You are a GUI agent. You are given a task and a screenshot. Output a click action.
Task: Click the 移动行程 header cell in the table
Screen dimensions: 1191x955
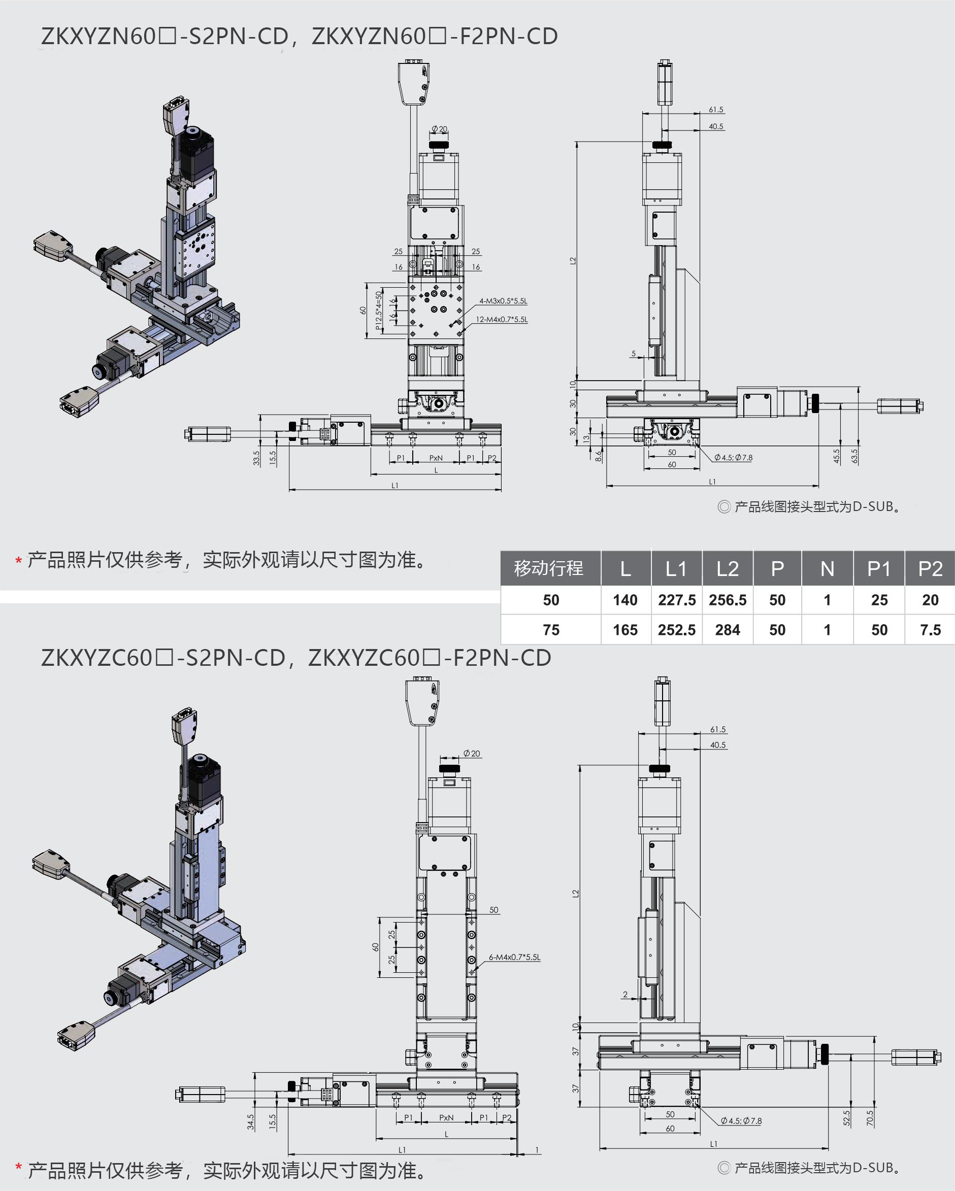tap(549, 568)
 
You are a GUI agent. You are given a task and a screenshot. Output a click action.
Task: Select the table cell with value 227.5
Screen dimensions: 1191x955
tap(676, 600)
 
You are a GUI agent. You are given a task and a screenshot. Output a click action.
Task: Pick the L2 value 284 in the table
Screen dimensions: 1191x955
tap(728, 630)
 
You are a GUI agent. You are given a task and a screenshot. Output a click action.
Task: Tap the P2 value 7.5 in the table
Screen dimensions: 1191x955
tap(930, 630)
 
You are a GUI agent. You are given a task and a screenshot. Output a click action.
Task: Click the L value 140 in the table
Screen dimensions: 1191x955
tap(625, 600)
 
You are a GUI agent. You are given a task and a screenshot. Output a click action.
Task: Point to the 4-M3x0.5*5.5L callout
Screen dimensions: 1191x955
tap(503, 301)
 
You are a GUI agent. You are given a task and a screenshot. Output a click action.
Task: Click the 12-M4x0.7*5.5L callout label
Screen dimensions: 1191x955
tap(502, 319)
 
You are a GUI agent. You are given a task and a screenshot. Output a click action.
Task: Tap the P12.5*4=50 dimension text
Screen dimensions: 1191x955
tap(379, 311)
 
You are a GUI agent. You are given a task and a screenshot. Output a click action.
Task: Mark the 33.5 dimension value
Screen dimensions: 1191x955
tap(256, 458)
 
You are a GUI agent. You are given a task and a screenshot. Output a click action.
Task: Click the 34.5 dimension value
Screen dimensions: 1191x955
tap(251, 1122)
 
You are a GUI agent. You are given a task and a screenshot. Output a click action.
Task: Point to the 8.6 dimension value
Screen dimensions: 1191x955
tap(599, 456)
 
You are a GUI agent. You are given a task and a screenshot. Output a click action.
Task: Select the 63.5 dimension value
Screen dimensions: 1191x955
tap(854, 456)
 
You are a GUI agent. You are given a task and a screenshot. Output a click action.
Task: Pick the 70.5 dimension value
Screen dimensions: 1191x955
tap(870, 1118)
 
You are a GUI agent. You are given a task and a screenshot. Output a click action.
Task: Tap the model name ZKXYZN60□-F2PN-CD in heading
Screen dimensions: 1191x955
tap(435, 37)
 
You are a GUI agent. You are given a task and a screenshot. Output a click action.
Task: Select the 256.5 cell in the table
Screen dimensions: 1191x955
tap(728, 600)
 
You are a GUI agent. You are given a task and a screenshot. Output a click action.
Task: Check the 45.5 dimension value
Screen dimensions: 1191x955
tap(836, 456)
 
